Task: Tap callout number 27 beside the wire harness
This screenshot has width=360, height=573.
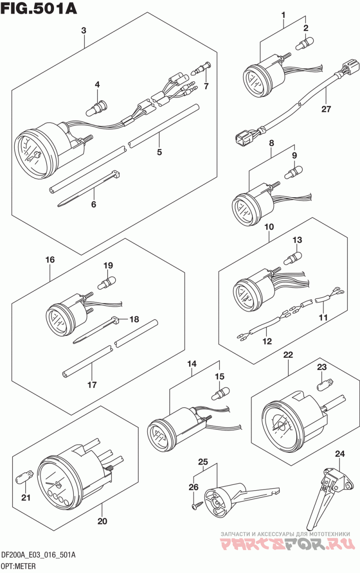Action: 326,109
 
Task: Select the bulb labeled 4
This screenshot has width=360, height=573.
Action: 97,108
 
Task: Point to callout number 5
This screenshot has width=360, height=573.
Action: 159,152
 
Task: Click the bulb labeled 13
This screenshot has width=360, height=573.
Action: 293,258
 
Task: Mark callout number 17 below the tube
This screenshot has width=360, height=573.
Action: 92,384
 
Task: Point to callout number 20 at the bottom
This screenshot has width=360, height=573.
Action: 102,521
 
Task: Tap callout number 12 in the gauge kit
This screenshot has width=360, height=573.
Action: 267,341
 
